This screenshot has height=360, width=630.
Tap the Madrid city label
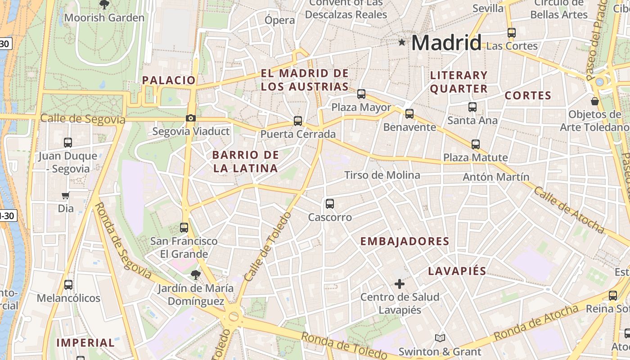coord(446,43)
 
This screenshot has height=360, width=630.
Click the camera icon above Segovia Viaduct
coord(191,118)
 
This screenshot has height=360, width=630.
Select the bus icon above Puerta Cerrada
coord(297,121)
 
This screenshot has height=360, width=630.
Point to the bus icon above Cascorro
coord(330,204)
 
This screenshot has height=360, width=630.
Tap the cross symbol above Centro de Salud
coord(400,284)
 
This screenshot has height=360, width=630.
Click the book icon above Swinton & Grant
coord(440,338)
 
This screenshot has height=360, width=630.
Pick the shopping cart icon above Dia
coord(66,195)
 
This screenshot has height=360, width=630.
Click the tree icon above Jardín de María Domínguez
coord(195,274)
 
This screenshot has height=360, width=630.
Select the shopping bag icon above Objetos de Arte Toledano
coord(595,101)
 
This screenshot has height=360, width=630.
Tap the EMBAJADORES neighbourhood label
coord(405,241)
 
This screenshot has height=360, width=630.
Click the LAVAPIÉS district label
coord(457,271)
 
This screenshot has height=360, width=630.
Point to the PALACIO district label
coord(169,80)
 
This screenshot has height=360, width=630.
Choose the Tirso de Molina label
coord(382,175)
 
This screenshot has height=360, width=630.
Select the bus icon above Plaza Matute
coord(476,144)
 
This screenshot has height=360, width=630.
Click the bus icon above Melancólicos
coord(68,285)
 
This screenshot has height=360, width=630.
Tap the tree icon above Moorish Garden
coord(104,5)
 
